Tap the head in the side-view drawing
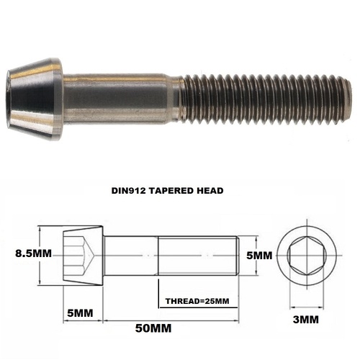pyautogui.click(x=84, y=255)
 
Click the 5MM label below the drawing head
pyautogui.click(x=79, y=315)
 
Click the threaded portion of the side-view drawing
pyautogui.click(x=198, y=255)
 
